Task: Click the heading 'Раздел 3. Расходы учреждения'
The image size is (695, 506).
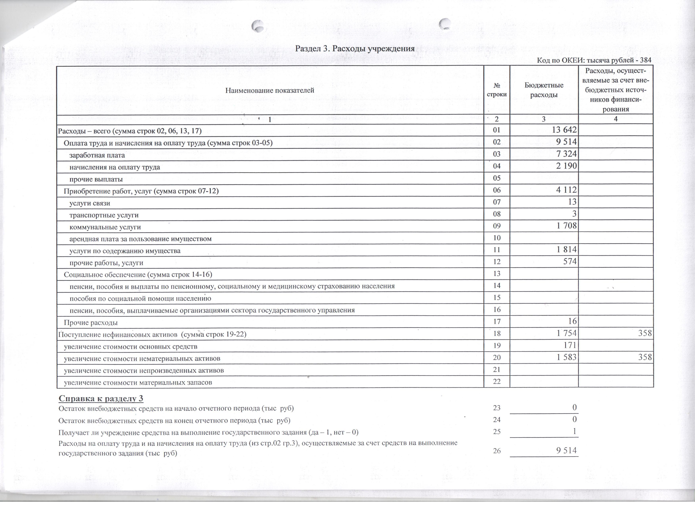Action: coord(355,48)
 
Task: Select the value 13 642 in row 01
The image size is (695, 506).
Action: coord(564,130)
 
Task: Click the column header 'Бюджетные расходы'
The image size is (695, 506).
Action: coord(544,90)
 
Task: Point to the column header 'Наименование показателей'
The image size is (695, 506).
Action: coord(270,90)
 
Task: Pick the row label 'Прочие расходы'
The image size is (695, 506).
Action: coord(91,323)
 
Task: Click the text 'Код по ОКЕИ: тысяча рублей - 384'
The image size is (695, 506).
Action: coord(594,60)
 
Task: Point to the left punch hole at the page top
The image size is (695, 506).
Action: coord(258,26)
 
